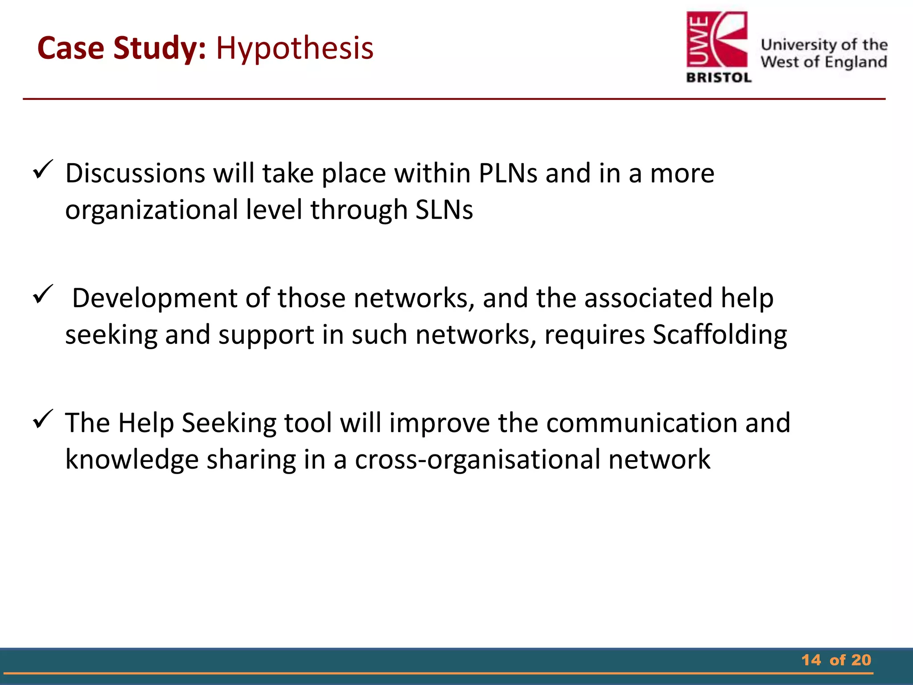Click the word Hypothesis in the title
coord(295,48)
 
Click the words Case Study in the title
coord(121,48)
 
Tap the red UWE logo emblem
coord(716,41)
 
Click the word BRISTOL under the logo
coord(719,78)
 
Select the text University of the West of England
coord(824,53)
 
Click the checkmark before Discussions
coord(43,169)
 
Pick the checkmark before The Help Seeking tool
coord(43,419)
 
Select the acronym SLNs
coord(444,210)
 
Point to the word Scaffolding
coord(720,334)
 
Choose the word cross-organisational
coord(477,459)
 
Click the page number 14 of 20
coord(836,660)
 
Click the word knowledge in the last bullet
coord(132,459)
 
